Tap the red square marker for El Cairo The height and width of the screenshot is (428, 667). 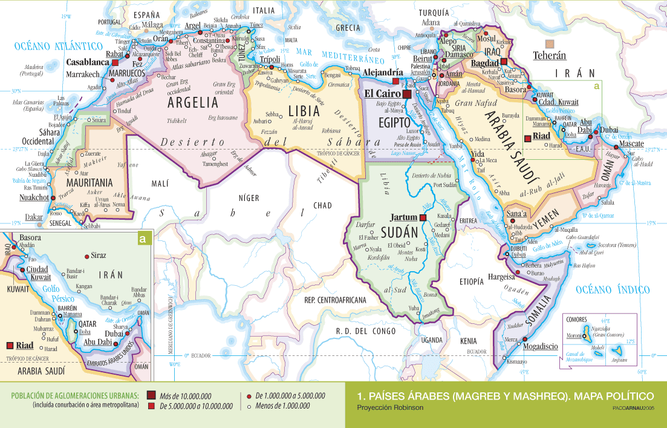tap(407, 94)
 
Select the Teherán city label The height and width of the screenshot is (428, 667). tap(549, 56)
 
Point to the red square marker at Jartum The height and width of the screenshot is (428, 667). tap(423, 217)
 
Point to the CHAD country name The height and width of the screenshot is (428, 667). tap(322, 206)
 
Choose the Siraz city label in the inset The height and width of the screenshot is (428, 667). tap(98, 255)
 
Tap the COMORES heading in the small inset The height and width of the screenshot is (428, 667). tap(576, 319)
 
